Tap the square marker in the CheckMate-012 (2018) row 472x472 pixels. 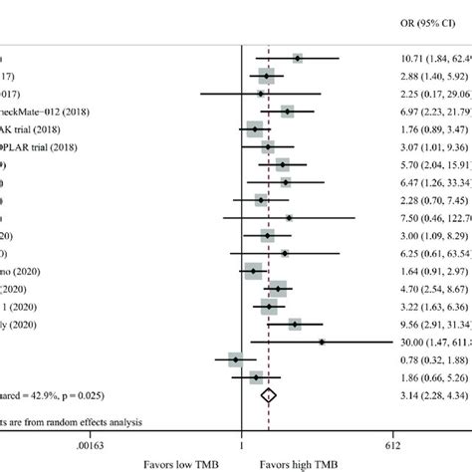click(x=288, y=112)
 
